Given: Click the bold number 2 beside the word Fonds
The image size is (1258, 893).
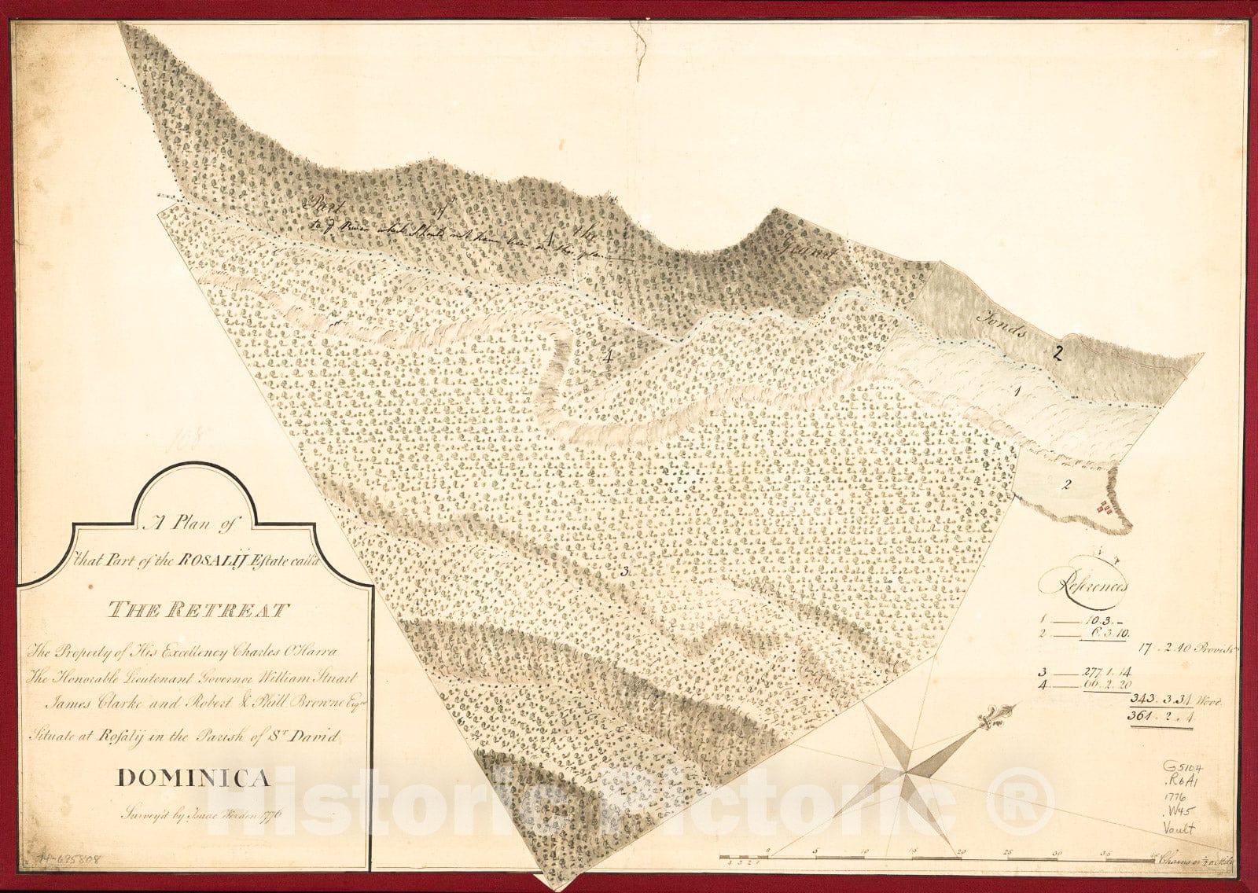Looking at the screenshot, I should pyautogui.click(x=1058, y=354).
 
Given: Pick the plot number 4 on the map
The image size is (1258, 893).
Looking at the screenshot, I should pyautogui.click(x=609, y=356).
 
